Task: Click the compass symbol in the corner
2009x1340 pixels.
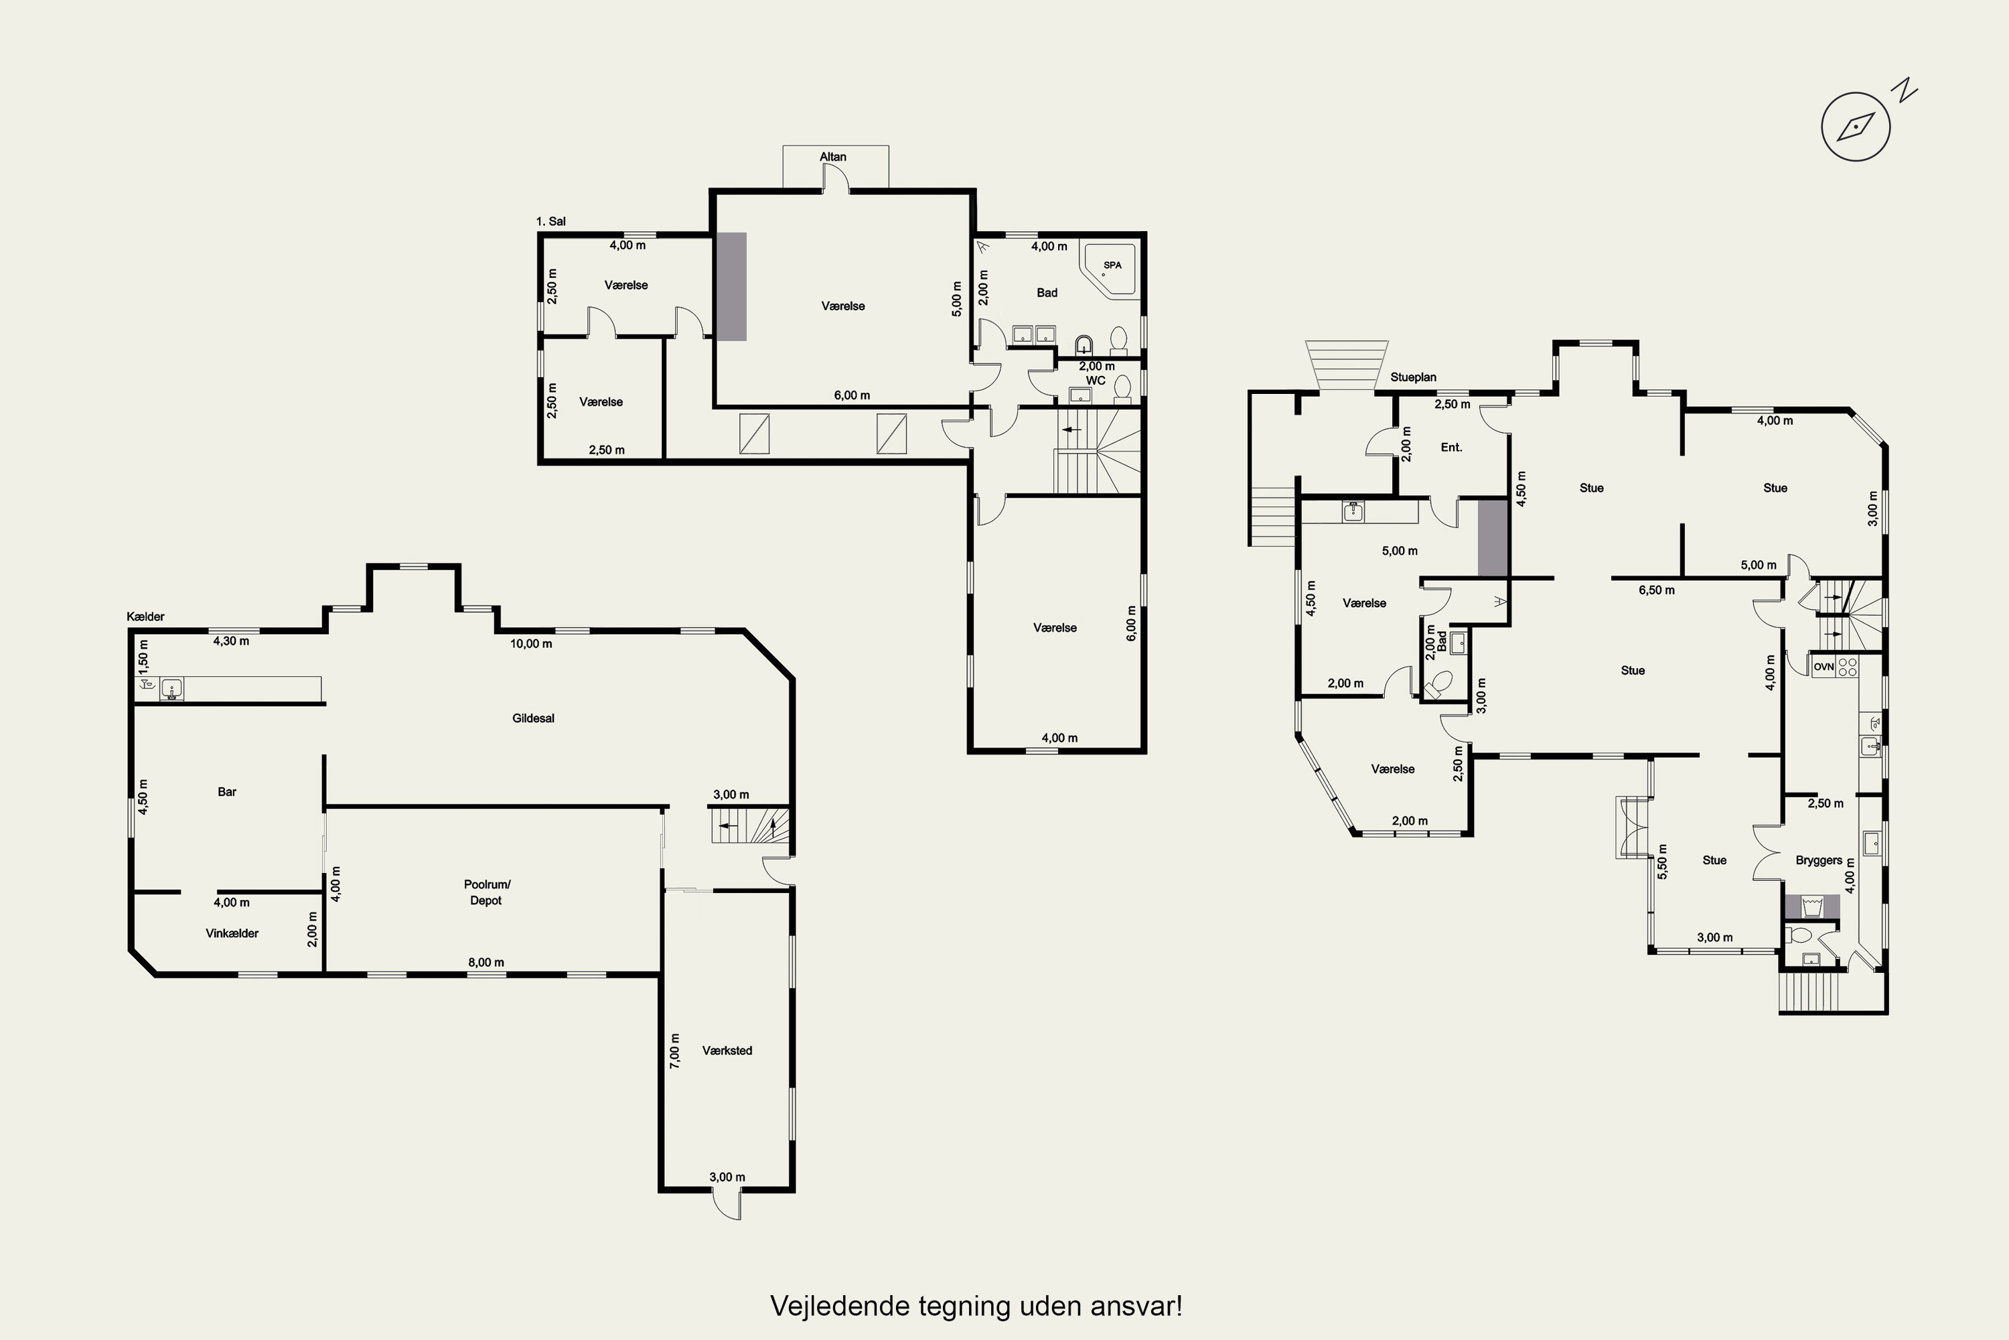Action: pyautogui.click(x=1856, y=127)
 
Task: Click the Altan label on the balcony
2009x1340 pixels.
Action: pyautogui.click(x=833, y=156)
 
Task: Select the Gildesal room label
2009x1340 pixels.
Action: pyautogui.click(x=533, y=718)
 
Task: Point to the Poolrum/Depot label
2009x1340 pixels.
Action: pyautogui.click(x=486, y=892)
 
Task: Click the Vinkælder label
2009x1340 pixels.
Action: pyautogui.click(x=232, y=933)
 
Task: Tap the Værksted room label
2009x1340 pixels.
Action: pyautogui.click(x=727, y=1051)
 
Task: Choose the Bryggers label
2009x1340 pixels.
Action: pyautogui.click(x=1819, y=860)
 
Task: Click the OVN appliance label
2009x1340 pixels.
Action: pyautogui.click(x=1824, y=667)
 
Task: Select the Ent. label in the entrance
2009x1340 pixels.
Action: pyautogui.click(x=1451, y=447)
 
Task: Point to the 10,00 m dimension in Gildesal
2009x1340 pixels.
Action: pyautogui.click(x=531, y=643)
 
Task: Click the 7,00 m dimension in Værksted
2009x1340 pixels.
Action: pyautogui.click(x=675, y=1051)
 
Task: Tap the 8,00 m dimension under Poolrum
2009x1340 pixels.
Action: pyautogui.click(x=486, y=962)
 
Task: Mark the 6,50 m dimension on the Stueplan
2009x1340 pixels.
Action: pyautogui.click(x=1656, y=590)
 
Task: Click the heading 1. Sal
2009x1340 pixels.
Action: pyautogui.click(x=551, y=221)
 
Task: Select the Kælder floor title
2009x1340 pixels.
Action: pyautogui.click(x=145, y=616)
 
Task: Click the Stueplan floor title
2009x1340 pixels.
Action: pyautogui.click(x=1413, y=377)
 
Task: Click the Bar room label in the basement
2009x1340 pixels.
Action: pyautogui.click(x=226, y=791)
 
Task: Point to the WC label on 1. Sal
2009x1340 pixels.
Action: pyautogui.click(x=1095, y=381)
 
